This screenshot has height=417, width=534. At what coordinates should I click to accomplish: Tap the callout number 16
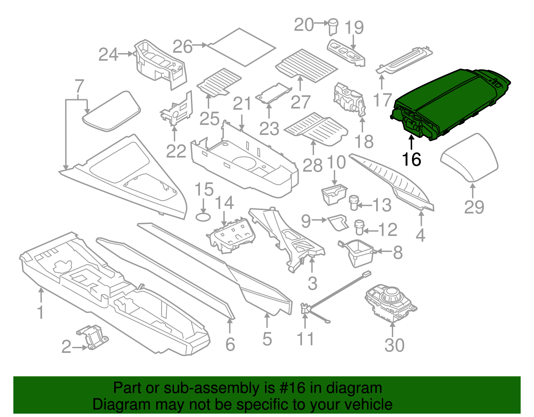[x=412, y=159]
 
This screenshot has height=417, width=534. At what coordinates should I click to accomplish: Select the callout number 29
[x=474, y=207]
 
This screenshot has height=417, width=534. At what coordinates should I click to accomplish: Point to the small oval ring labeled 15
[x=203, y=217]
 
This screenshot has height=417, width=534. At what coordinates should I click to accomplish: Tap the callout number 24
[x=108, y=54]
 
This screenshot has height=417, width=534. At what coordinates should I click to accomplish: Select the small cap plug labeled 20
[x=333, y=27]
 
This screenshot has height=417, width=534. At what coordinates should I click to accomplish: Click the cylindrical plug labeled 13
[x=354, y=203]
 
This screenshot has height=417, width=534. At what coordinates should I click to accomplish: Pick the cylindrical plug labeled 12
[x=359, y=227]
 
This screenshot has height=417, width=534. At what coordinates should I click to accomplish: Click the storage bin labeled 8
[x=360, y=253]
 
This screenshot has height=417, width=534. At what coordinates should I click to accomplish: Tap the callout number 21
[x=242, y=104]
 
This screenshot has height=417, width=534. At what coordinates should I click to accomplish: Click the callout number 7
[x=79, y=86]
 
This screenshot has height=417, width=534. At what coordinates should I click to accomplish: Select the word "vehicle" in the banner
[x=368, y=405]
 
